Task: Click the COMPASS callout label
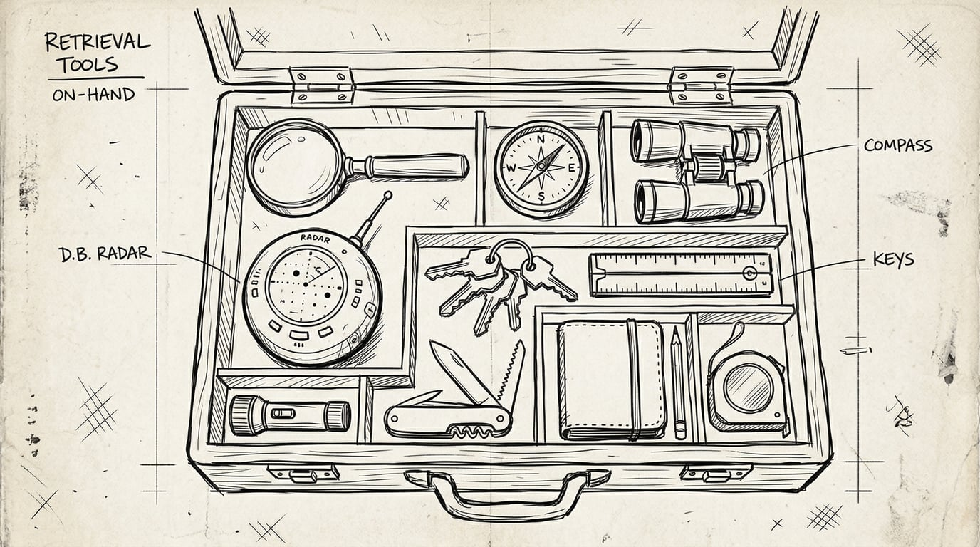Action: point(897,146)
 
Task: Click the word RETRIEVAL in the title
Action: point(97,42)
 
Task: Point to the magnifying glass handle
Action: point(413,167)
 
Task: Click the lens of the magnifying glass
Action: point(294,166)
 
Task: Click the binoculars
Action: point(696,170)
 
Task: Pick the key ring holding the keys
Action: point(511,252)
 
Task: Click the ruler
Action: point(680,274)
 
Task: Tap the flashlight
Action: point(288,415)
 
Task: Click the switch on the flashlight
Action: point(283,414)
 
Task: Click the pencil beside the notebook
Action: point(678,381)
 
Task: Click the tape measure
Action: point(748,388)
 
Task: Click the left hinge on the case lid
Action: point(322,85)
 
